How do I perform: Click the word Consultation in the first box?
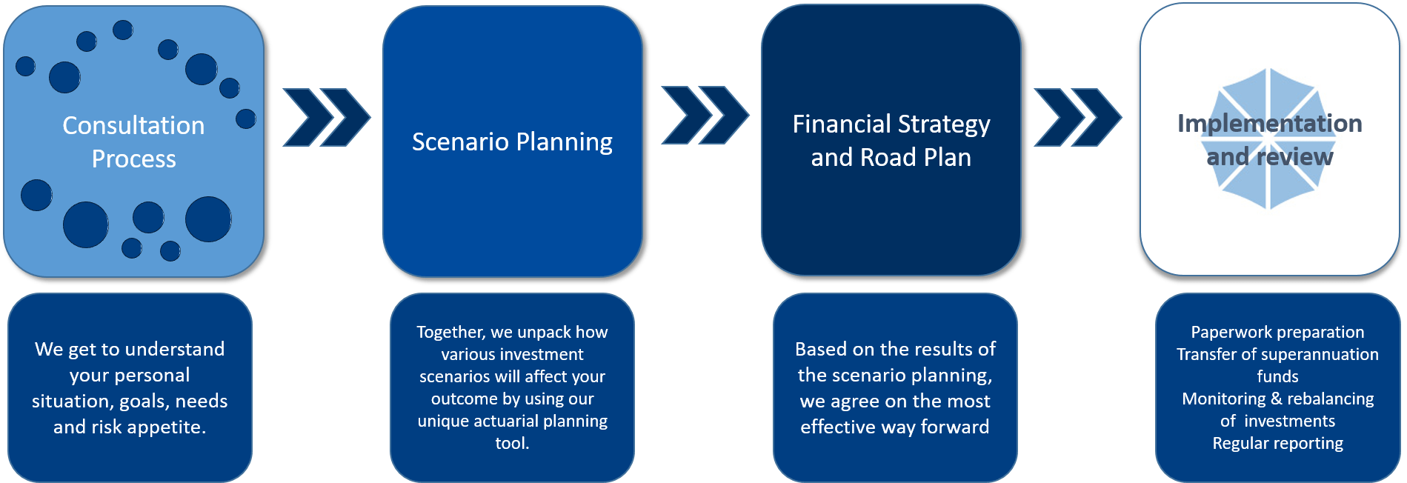tap(133, 126)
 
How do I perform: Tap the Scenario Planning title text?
tap(512, 141)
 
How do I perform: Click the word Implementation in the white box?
tap(1269, 124)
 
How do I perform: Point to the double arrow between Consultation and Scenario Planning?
tap(326, 117)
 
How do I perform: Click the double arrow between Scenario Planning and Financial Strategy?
tap(705, 115)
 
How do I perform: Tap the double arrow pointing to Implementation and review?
tap(1078, 117)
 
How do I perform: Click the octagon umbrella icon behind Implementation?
tap(1271, 185)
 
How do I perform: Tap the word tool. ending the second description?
tap(512, 443)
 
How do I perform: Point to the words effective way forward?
tap(894, 427)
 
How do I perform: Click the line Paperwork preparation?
tap(1277, 332)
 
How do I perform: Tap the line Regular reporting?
tap(1277, 443)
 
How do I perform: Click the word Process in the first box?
tap(133, 159)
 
